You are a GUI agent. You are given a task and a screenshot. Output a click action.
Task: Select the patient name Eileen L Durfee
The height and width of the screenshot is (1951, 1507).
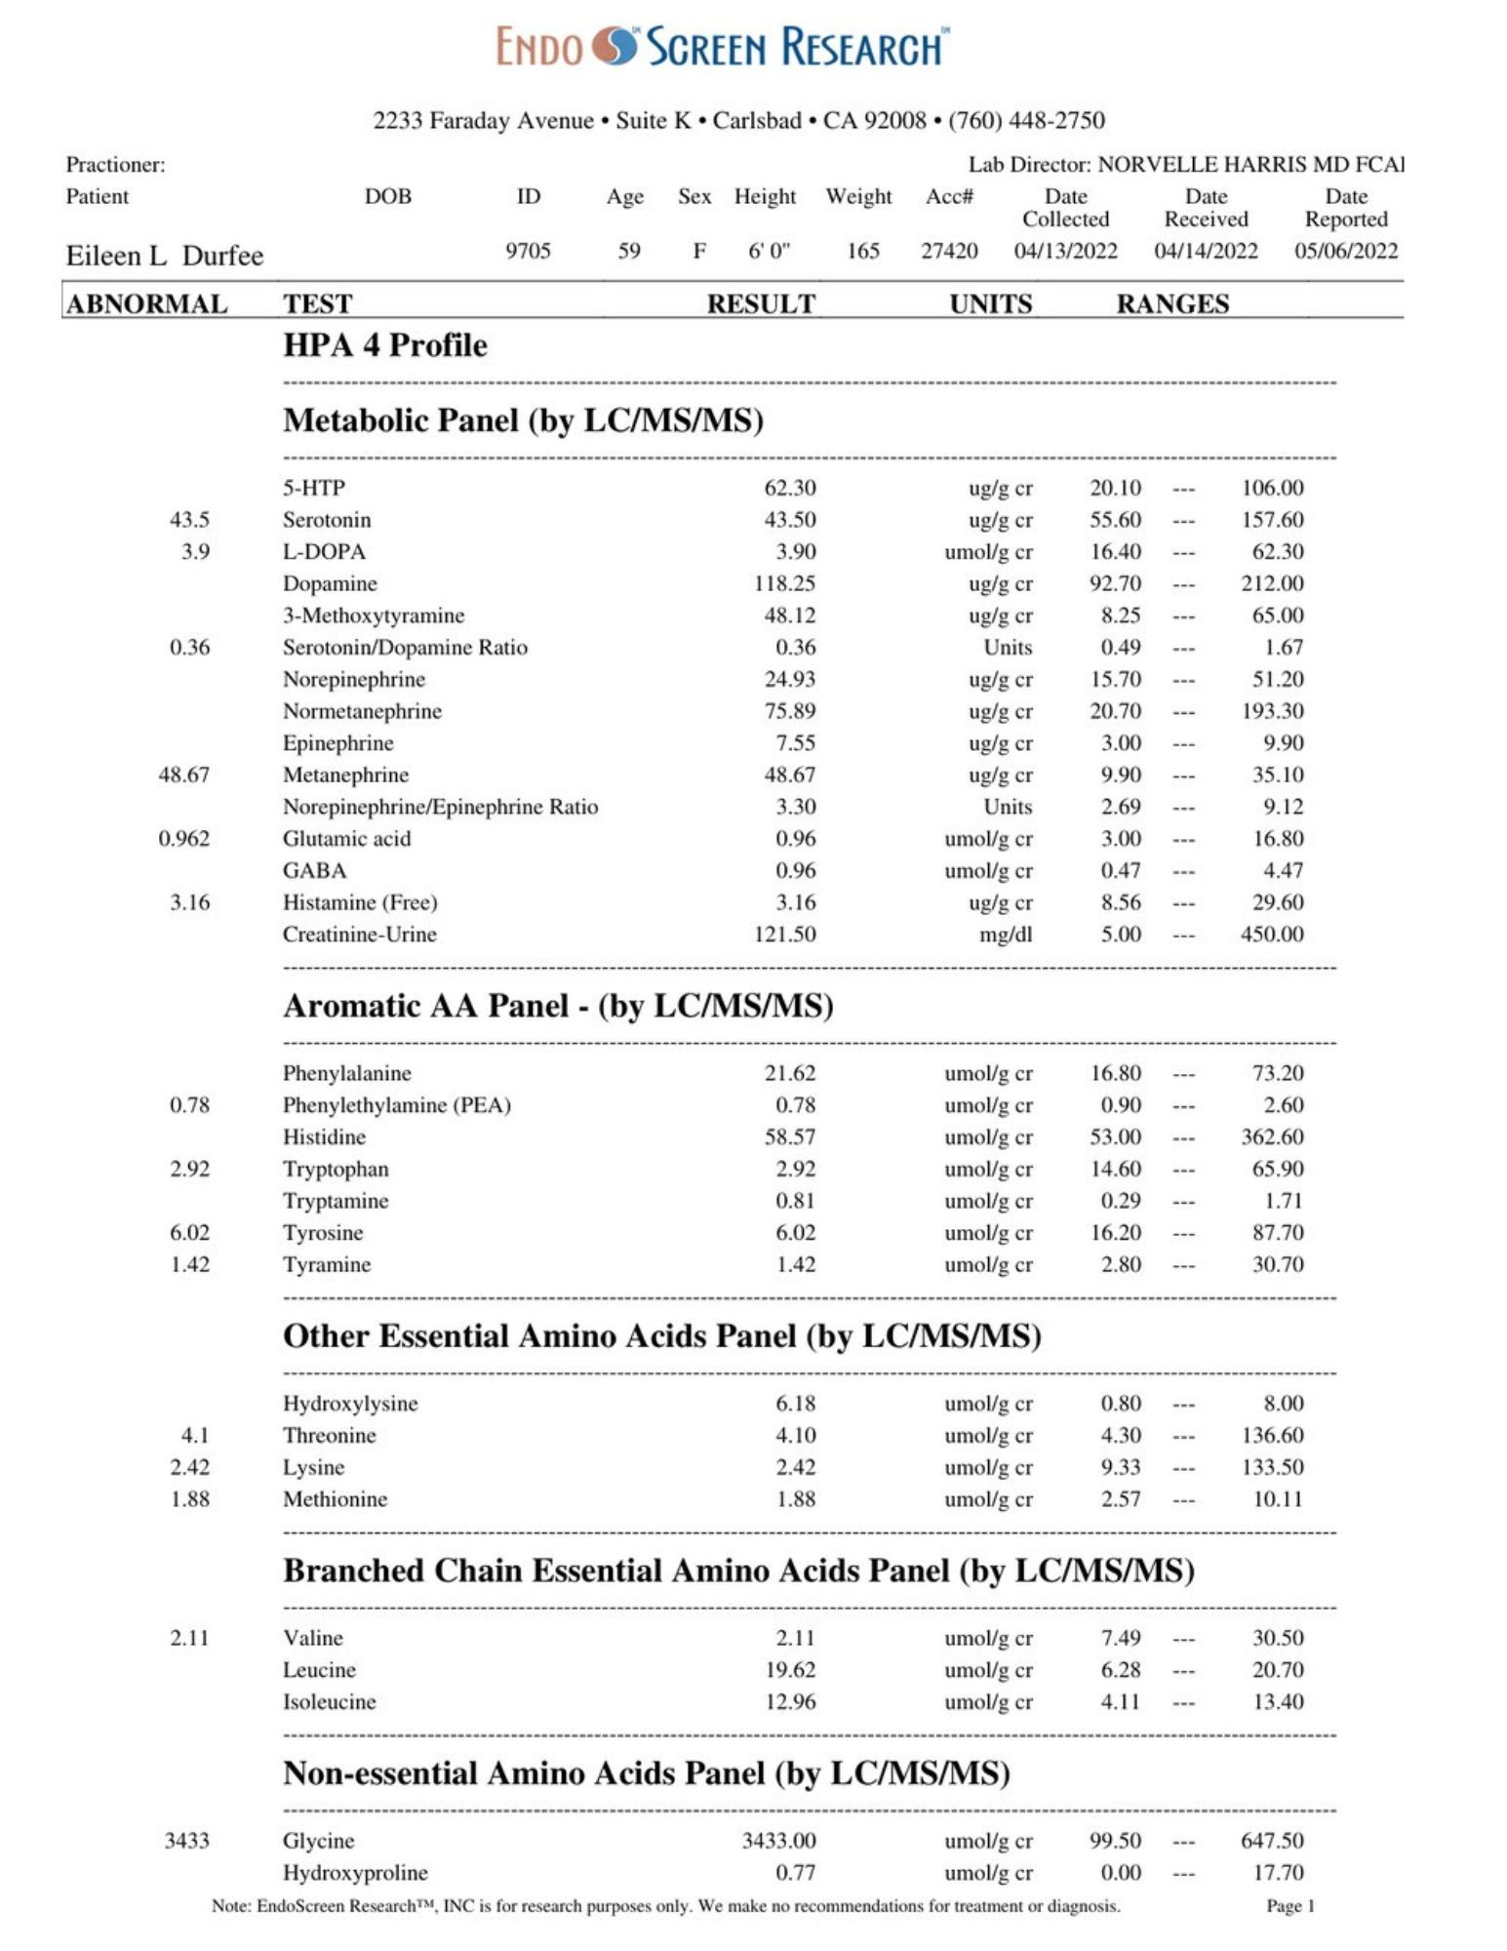click(x=164, y=256)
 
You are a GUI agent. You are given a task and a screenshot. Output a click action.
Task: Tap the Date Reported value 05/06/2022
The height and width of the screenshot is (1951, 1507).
click(x=1345, y=251)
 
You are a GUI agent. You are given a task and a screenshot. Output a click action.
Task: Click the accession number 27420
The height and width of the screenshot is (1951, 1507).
click(x=948, y=251)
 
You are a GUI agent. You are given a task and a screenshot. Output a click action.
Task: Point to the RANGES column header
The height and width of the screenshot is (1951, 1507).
click(x=1171, y=304)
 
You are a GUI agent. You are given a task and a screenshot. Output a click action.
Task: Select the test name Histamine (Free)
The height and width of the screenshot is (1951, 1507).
click(x=360, y=902)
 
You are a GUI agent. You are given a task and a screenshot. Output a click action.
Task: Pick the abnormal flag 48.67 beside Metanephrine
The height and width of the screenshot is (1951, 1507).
click(x=183, y=775)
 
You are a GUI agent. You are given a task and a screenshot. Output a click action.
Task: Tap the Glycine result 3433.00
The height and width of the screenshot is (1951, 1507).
click(x=778, y=1841)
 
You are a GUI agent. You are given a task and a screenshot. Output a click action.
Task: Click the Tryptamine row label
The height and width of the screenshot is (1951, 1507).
click(x=336, y=1201)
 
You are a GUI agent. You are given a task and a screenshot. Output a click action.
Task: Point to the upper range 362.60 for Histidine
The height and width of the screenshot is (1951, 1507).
click(x=1272, y=1137)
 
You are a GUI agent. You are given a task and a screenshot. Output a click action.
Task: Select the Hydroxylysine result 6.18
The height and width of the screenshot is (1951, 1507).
click(x=795, y=1404)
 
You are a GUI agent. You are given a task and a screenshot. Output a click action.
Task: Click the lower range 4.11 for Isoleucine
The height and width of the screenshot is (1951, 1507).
click(x=1120, y=1702)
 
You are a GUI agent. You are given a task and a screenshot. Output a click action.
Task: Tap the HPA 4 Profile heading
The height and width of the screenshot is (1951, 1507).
click(x=384, y=345)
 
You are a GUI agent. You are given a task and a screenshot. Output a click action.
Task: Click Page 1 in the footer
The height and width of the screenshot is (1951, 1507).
click(x=1289, y=1905)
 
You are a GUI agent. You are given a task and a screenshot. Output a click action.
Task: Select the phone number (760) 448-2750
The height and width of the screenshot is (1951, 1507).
click(x=1026, y=121)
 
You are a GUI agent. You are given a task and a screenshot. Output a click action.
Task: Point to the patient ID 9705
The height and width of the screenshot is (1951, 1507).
click(x=528, y=251)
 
